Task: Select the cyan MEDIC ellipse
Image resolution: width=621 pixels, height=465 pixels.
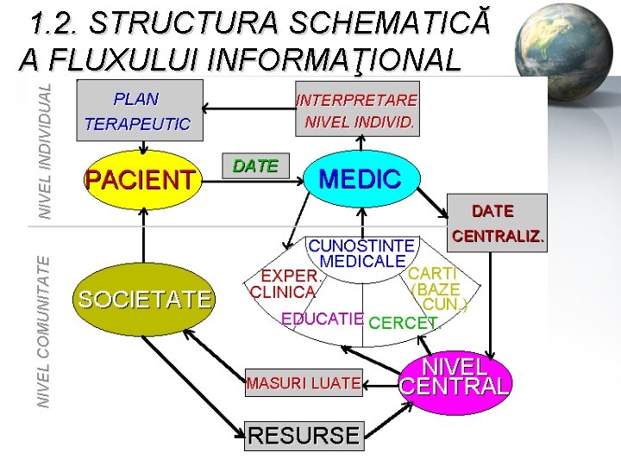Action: [x=361, y=179]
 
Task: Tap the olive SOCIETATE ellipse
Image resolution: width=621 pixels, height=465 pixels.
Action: [x=143, y=300]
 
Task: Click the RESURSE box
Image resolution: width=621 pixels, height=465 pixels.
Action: [x=303, y=436]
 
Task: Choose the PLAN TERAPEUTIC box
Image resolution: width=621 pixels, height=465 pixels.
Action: [x=139, y=110]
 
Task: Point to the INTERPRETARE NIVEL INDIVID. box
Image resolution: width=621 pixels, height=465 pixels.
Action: [x=357, y=110]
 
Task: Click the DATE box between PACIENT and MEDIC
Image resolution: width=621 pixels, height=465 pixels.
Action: [x=256, y=166]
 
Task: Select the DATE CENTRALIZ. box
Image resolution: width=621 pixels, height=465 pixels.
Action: [x=498, y=222]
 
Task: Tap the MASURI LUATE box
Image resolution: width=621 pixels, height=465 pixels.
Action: [x=303, y=383]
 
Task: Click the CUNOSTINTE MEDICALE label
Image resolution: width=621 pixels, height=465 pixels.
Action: [x=362, y=253]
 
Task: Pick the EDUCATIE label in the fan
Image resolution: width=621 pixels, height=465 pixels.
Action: [x=323, y=319]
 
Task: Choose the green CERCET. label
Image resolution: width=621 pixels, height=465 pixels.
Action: [x=404, y=323]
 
